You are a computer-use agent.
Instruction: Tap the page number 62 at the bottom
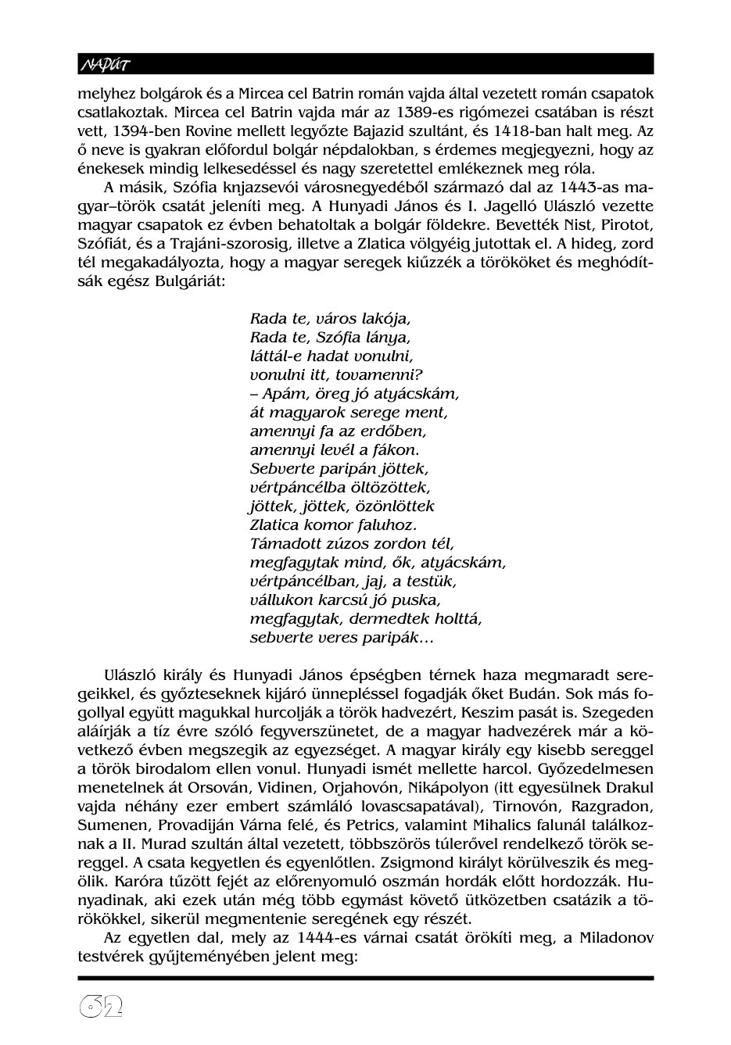tap(103, 1008)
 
